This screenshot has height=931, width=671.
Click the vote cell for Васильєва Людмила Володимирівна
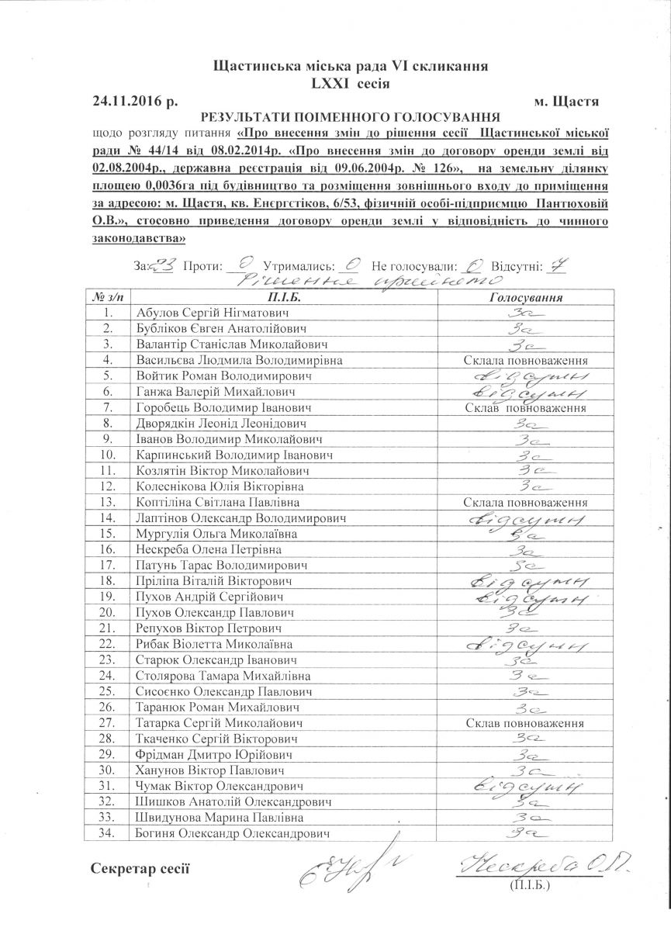click(524, 361)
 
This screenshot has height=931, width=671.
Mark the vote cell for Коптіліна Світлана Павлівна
click(524, 503)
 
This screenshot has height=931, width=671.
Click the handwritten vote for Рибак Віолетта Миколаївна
click(524, 644)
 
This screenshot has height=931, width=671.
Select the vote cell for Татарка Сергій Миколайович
click(524, 723)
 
